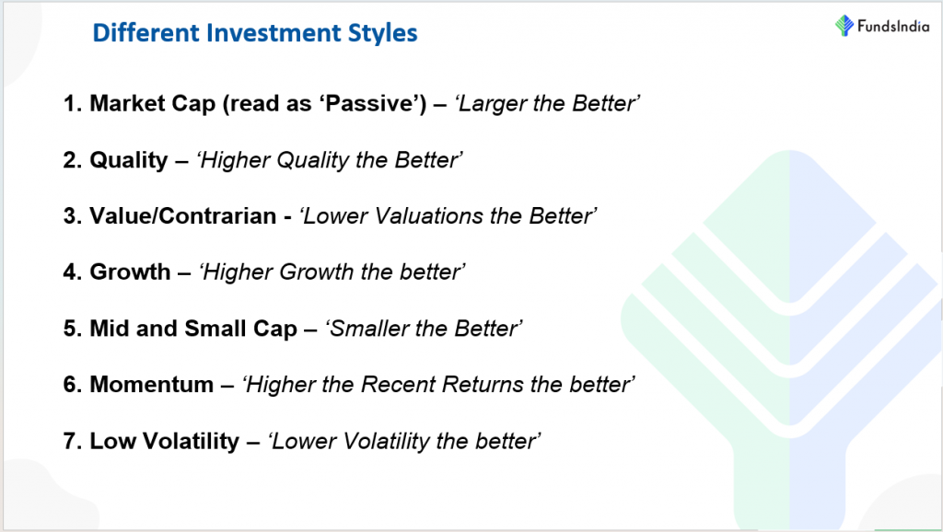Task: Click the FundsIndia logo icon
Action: (x=844, y=26)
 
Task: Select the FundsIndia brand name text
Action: (x=893, y=26)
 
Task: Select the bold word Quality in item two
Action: (x=129, y=160)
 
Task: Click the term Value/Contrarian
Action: (x=183, y=215)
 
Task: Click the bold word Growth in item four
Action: (x=130, y=272)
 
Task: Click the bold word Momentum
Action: (x=152, y=384)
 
